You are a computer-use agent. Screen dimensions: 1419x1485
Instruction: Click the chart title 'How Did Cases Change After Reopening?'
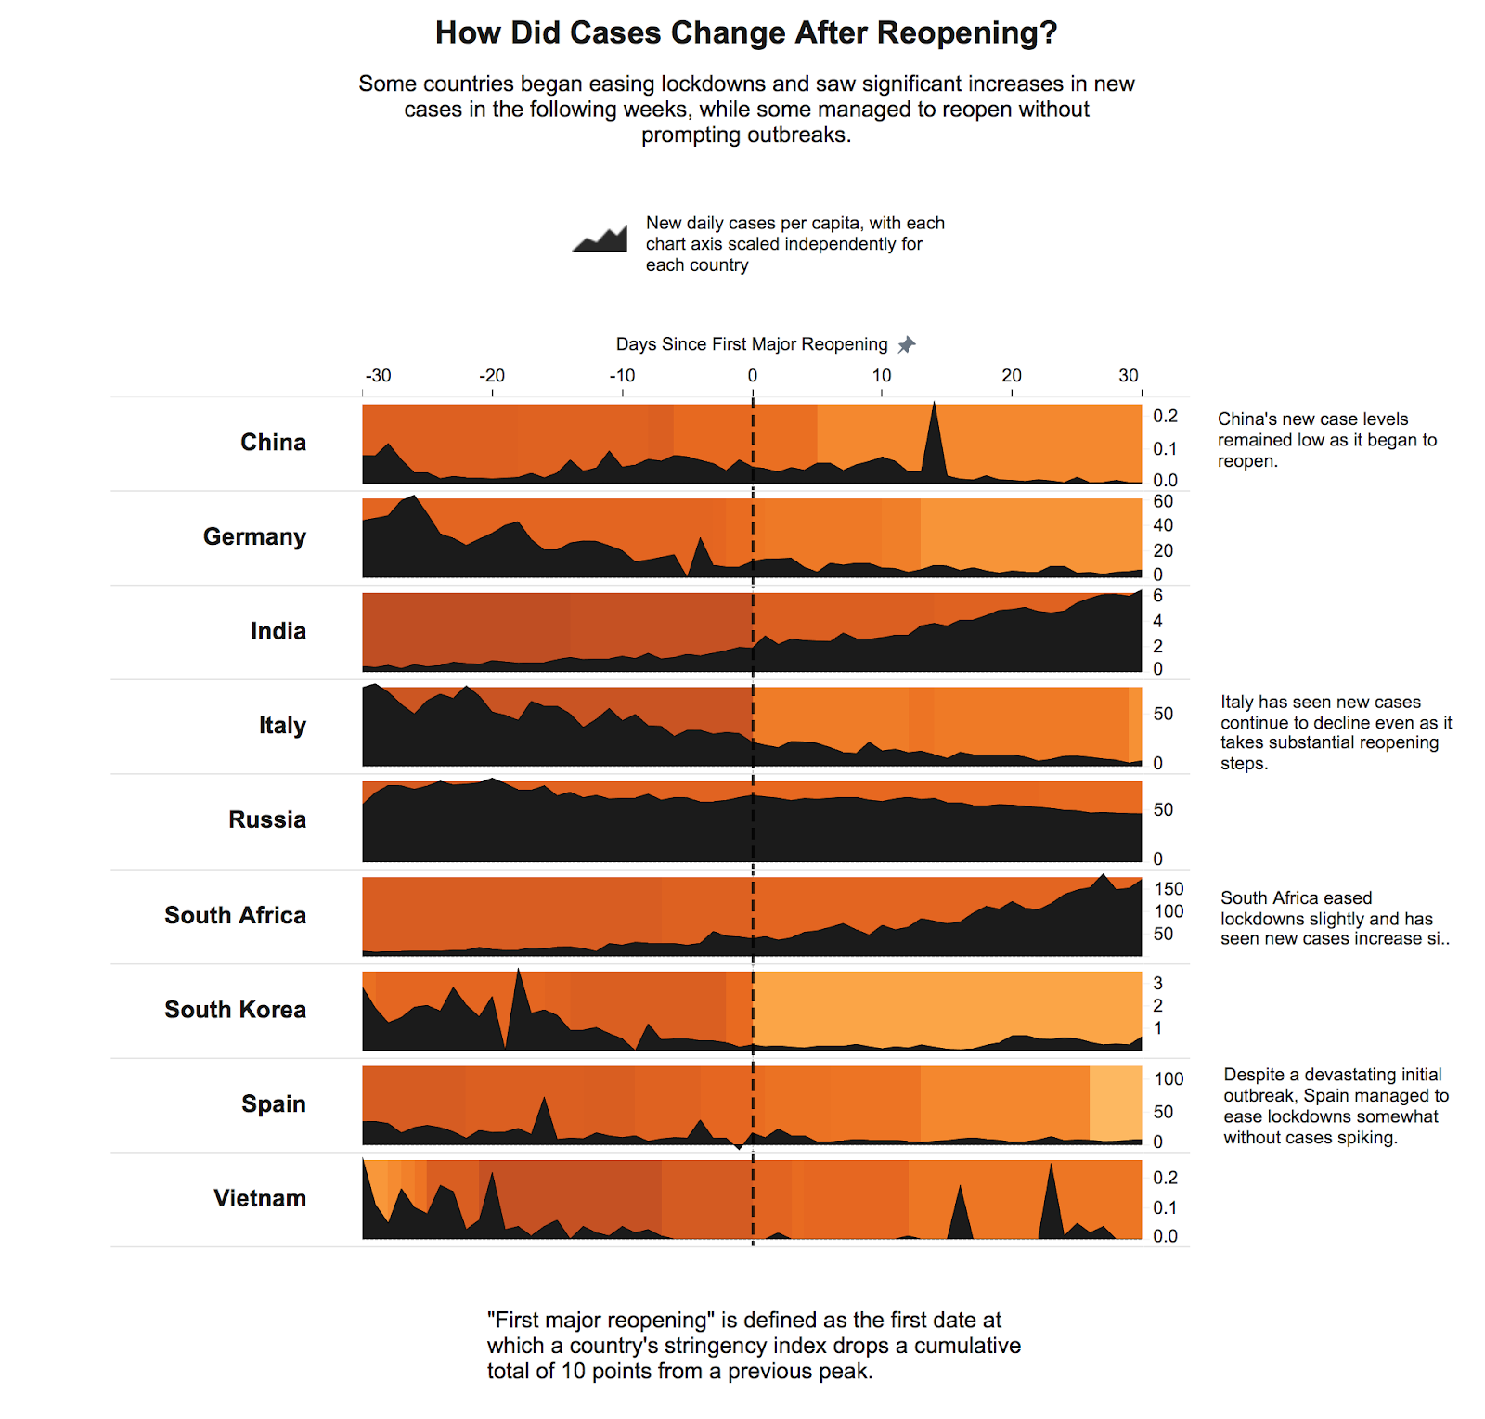pyautogui.click(x=746, y=32)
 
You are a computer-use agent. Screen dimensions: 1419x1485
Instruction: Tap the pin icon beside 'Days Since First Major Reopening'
pyautogui.click(x=907, y=344)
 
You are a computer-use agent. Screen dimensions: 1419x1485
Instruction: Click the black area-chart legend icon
pyautogui.click(x=600, y=239)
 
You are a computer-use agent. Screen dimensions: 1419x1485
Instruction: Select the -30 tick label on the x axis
pyautogui.click(x=378, y=376)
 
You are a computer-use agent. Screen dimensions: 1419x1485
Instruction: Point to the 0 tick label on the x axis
pyautogui.click(x=752, y=376)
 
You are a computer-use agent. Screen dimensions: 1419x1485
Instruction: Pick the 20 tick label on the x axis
pyautogui.click(x=1011, y=376)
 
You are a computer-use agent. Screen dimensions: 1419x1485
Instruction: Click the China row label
pyautogui.click(x=273, y=443)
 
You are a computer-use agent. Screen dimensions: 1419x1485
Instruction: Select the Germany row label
pyautogui.click(x=254, y=537)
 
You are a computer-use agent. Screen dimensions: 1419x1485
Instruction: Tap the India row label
pyautogui.click(x=278, y=631)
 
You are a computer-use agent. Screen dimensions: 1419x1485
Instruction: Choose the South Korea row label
pyautogui.click(x=235, y=1010)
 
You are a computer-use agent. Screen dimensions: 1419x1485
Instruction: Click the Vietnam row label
pyautogui.click(x=259, y=1198)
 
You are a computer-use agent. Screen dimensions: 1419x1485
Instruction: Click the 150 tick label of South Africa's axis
pyautogui.click(x=1169, y=889)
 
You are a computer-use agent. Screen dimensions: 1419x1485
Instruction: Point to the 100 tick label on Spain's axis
pyautogui.click(x=1169, y=1079)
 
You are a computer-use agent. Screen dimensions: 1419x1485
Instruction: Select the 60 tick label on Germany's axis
pyautogui.click(x=1163, y=502)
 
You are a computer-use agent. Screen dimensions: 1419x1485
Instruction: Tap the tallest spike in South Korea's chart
pyautogui.click(x=518, y=972)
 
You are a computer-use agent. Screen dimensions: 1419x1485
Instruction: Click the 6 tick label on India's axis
pyautogui.click(x=1157, y=596)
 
